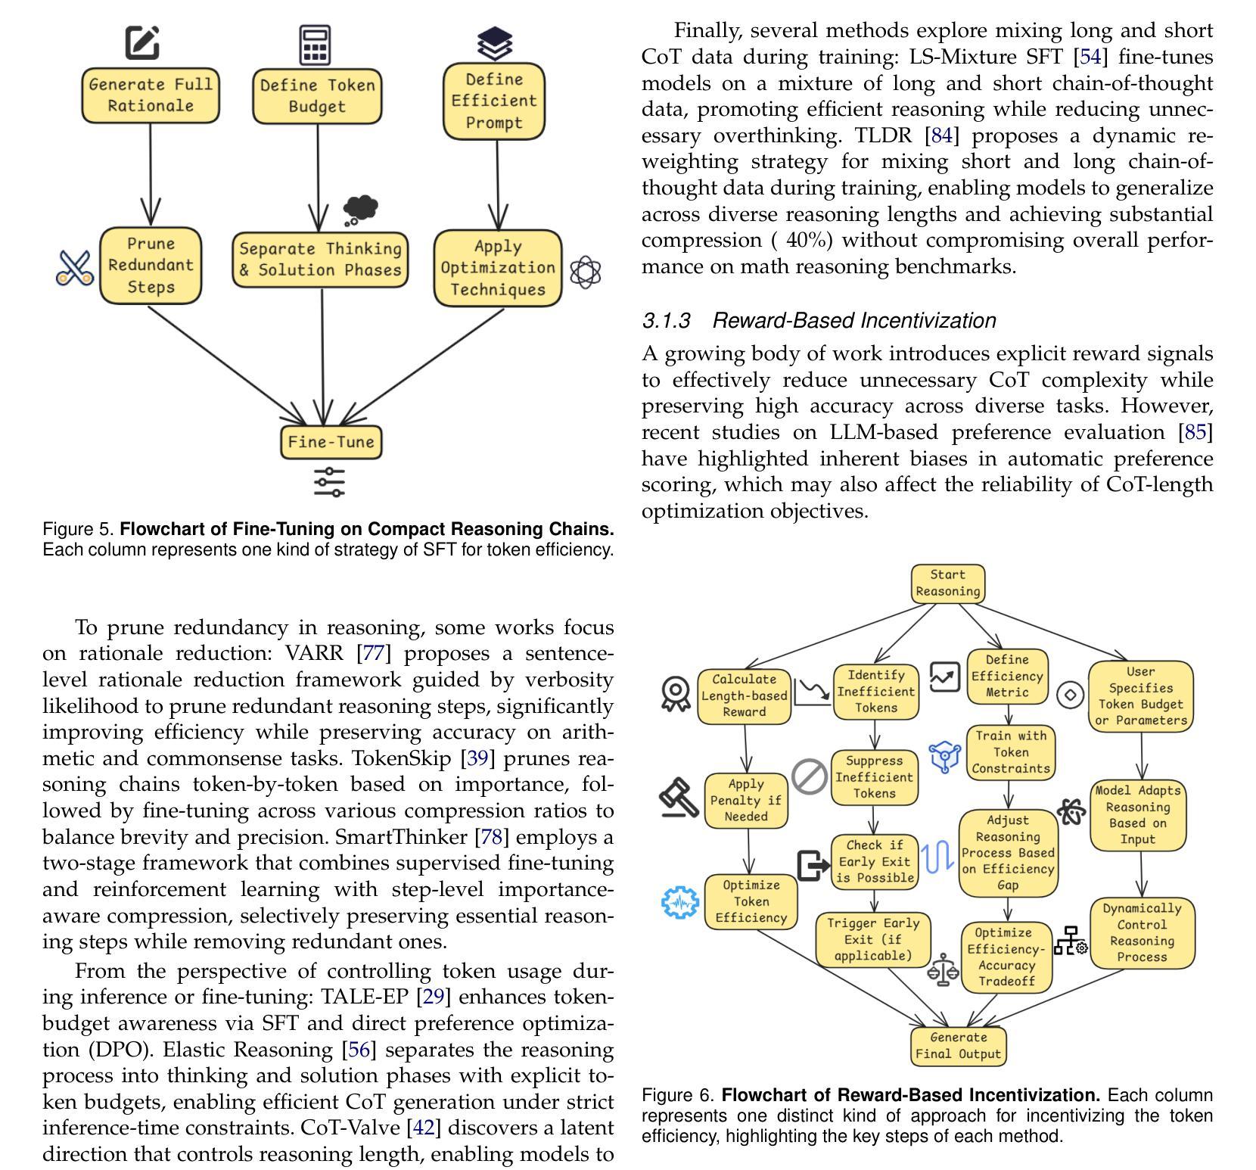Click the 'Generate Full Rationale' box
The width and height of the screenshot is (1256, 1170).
(x=151, y=95)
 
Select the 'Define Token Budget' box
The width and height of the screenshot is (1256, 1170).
(x=317, y=96)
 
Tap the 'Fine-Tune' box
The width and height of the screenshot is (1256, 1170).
(x=331, y=442)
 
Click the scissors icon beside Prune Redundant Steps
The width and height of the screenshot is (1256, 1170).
(x=75, y=268)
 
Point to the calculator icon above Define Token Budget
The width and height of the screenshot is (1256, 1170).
(x=315, y=45)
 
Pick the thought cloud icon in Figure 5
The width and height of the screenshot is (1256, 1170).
(x=359, y=210)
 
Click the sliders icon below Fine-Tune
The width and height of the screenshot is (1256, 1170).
(x=329, y=482)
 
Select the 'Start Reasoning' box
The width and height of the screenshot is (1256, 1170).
(x=948, y=583)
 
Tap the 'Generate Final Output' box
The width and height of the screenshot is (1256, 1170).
(x=959, y=1046)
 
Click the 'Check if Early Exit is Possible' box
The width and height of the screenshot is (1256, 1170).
(x=875, y=861)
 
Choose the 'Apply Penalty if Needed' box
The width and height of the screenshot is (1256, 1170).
(x=746, y=801)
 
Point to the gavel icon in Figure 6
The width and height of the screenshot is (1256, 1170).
(x=679, y=798)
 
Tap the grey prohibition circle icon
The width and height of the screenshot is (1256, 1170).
(x=810, y=776)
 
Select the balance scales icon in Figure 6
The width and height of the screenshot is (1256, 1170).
(x=943, y=970)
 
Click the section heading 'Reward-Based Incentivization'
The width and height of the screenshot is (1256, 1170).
(x=854, y=321)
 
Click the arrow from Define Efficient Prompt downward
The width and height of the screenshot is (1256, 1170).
(x=497, y=184)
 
